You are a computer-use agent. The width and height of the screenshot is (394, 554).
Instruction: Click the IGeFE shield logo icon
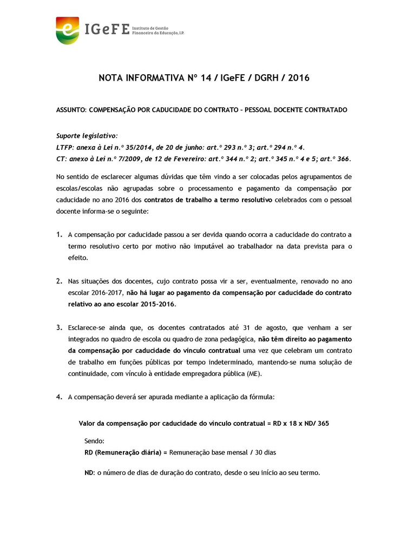pyautogui.click(x=67, y=30)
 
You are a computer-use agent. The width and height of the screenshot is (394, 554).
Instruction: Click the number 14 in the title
pyautogui.click(x=206, y=78)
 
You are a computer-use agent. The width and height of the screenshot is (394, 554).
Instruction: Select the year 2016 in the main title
pyautogui.click(x=299, y=78)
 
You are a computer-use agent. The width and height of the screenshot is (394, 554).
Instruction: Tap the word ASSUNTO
pyautogui.click(x=71, y=110)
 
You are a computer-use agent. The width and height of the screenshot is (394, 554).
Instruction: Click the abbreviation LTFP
pyautogui.click(x=65, y=147)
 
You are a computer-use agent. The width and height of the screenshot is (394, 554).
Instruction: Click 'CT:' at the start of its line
pyautogui.click(x=61, y=159)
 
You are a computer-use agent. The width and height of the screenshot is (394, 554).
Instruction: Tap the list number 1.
pyautogui.click(x=59, y=235)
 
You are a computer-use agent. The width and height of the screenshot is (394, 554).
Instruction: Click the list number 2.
pyautogui.click(x=59, y=282)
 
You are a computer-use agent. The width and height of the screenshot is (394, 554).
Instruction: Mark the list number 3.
pyautogui.click(x=59, y=328)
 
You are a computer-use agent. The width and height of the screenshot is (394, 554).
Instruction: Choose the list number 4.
pyautogui.click(x=59, y=397)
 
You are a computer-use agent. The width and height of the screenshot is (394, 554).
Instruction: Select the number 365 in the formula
pyautogui.click(x=323, y=424)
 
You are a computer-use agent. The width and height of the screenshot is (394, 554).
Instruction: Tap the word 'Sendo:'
pyautogui.click(x=95, y=441)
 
